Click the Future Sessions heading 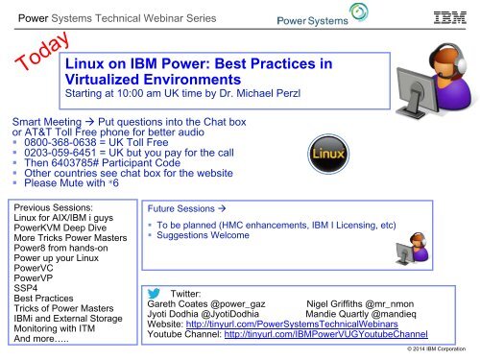183,205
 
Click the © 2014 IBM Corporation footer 438,353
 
